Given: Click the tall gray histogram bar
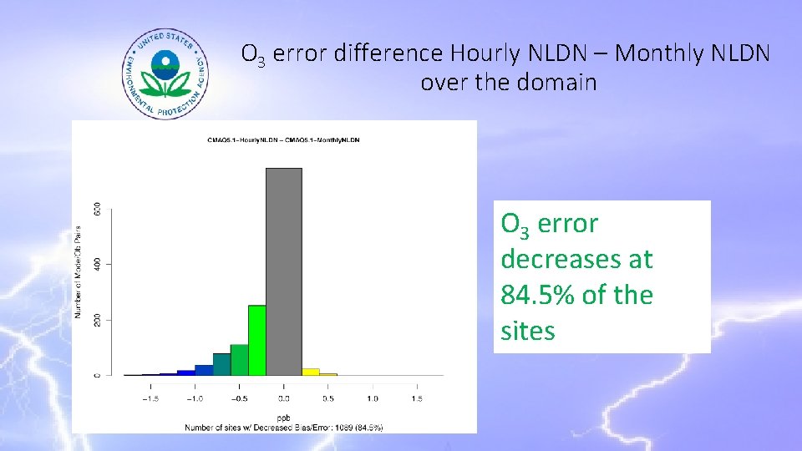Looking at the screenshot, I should tap(283, 271).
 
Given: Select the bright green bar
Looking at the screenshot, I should tap(256, 340).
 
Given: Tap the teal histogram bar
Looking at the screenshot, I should tap(221, 364).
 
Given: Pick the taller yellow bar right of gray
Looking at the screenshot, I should tap(311, 372).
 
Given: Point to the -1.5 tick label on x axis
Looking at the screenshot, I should tap(150, 398).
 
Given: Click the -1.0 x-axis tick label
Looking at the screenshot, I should tap(195, 398).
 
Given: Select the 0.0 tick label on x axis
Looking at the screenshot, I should tap(284, 398).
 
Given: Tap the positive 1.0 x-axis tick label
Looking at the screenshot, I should tap(373, 398).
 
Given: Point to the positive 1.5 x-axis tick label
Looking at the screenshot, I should tap(416, 398).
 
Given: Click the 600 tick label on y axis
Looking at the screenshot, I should tap(98, 210).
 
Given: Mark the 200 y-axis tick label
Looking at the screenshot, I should tap(98, 320).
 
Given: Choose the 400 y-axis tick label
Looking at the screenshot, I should tap(98, 265).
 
